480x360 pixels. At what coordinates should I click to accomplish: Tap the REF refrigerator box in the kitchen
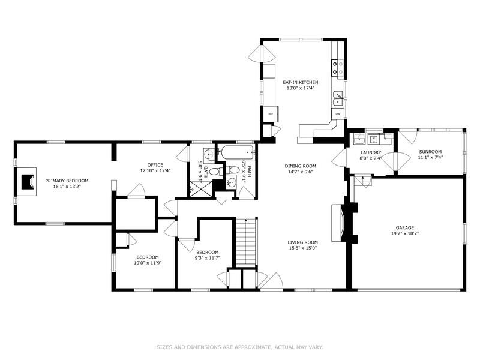pyautogui.click(x=271, y=113)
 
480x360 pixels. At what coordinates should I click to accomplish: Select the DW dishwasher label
pyautogui.click(x=338, y=114)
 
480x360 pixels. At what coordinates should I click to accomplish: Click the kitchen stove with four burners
pyautogui.click(x=338, y=62)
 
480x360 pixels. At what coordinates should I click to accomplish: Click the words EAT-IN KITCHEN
pyautogui.click(x=301, y=82)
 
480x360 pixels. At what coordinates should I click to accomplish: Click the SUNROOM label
pyautogui.click(x=430, y=152)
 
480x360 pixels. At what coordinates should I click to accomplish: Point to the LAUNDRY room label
pyautogui.click(x=371, y=152)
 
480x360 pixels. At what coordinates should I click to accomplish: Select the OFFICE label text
pyautogui.click(x=155, y=165)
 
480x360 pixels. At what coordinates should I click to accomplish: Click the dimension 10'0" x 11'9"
pyautogui.click(x=147, y=262)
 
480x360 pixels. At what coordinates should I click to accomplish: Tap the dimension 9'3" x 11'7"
pyautogui.click(x=207, y=258)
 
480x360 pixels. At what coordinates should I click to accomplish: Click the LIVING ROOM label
pyautogui.click(x=302, y=242)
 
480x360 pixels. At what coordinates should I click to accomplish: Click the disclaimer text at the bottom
pyautogui.click(x=239, y=346)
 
